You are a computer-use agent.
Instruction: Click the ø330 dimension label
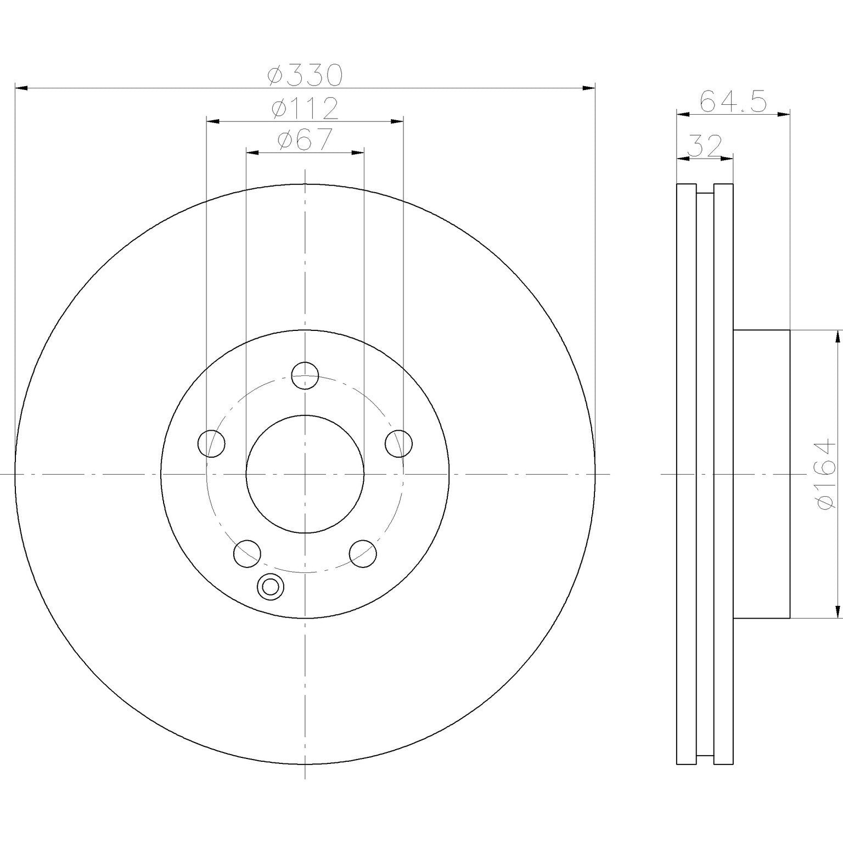pyautogui.click(x=305, y=75)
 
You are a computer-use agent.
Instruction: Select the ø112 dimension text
pyautogui.click(x=305, y=109)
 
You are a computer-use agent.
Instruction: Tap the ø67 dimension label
pyautogui.click(x=305, y=139)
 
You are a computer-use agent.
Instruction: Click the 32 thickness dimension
pyautogui.click(x=704, y=147)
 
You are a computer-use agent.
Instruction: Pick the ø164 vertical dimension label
pyautogui.click(x=827, y=474)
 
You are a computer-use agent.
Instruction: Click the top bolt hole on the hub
pyautogui.click(x=305, y=375)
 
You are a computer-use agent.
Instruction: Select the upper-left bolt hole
pyautogui.click(x=211, y=443)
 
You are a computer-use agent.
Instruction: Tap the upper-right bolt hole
pyautogui.click(x=399, y=443)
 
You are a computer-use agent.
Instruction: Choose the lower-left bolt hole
pyautogui.click(x=247, y=553)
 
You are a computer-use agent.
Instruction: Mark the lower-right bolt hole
pyautogui.click(x=363, y=553)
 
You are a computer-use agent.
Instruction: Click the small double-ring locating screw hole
pyautogui.click(x=270, y=587)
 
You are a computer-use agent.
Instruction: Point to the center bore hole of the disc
pyautogui.click(x=305, y=474)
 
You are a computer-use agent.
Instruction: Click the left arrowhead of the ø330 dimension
pyautogui.click(x=21, y=88)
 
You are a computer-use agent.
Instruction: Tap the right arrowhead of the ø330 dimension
pyautogui.click(x=589, y=88)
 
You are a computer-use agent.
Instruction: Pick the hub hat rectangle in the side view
pyautogui.click(x=761, y=474)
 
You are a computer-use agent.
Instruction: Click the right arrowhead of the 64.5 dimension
pyautogui.click(x=784, y=114)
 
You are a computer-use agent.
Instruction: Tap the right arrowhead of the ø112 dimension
pyautogui.click(x=397, y=121)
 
